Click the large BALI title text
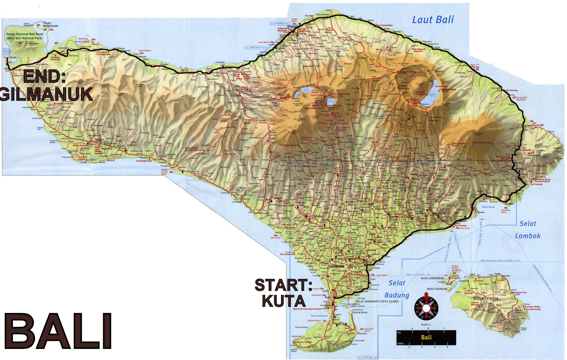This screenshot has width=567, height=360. click(x=58, y=332)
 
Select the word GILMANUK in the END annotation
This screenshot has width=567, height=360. click(x=46, y=94)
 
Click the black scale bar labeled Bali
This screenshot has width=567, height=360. click(x=426, y=337)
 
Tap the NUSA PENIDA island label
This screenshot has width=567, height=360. click(x=486, y=298)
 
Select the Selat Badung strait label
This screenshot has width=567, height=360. click(x=397, y=289)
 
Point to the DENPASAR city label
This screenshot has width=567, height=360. click(x=336, y=266)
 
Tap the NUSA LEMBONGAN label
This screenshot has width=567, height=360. click(x=432, y=278)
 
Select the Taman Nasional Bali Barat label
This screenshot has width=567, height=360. click(x=24, y=36)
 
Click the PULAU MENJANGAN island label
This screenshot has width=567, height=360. click(x=50, y=25)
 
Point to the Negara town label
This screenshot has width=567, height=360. click(x=99, y=140)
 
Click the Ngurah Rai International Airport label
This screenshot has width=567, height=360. click(x=307, y=309)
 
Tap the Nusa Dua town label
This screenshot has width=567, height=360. click(x=361, y=333)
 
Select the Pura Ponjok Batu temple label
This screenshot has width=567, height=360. click(x=385, y=25)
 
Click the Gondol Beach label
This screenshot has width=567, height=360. click(x=145, y=51)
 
